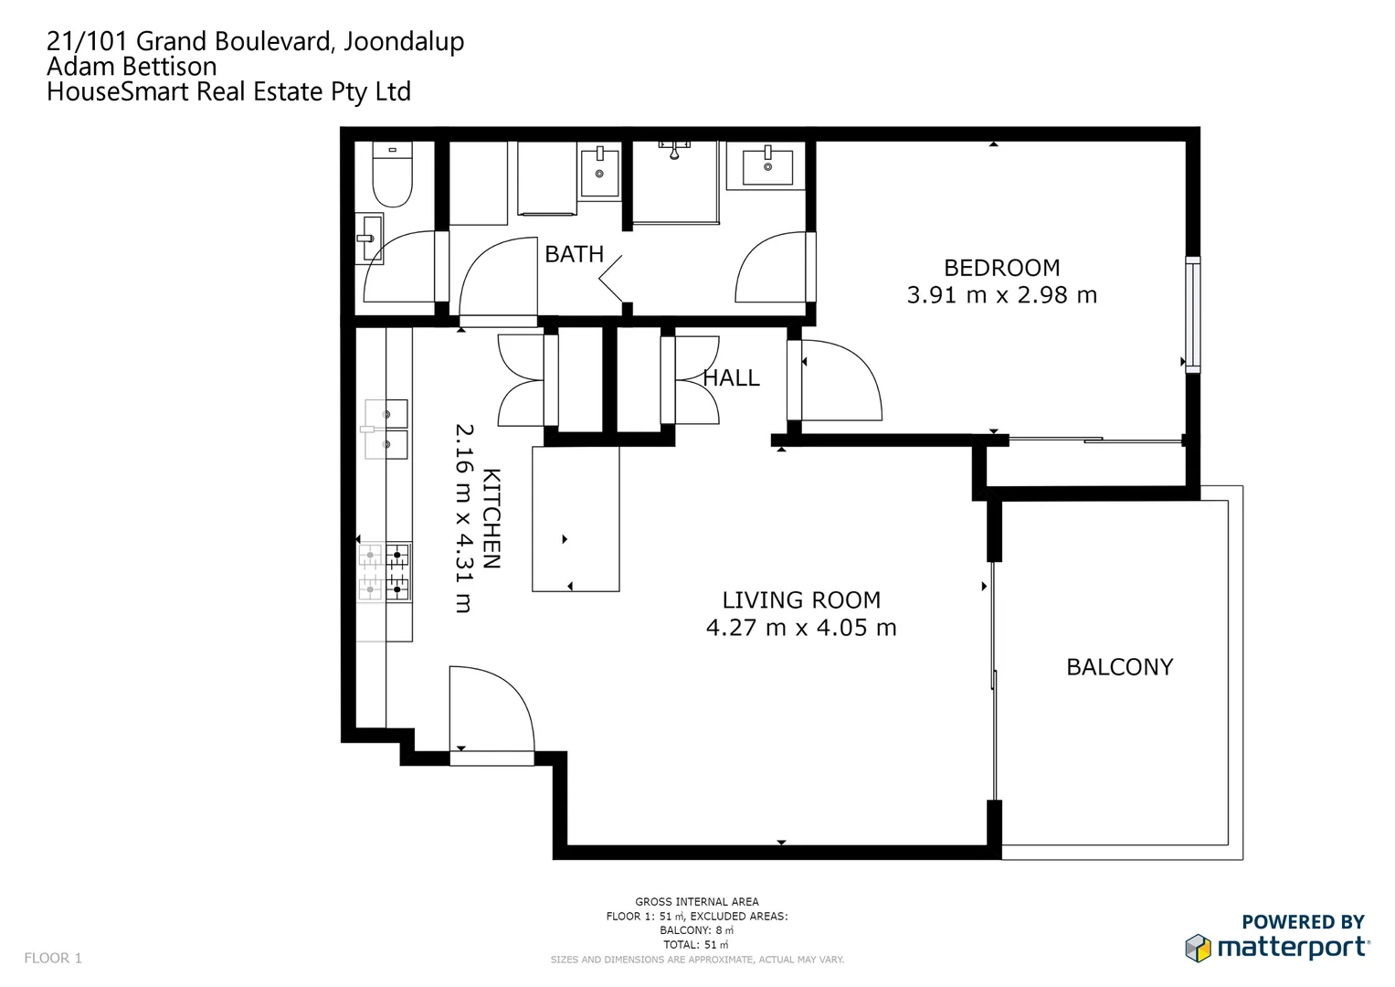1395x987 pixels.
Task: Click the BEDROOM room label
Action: (x=1001, y=268)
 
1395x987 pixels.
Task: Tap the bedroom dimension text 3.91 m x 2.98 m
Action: (x=1001, y=295)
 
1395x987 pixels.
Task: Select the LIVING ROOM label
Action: (x=801, y=600)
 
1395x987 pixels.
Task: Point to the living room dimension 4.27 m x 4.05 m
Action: (x=801, y=628)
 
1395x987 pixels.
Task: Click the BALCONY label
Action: (x=1119, y=667)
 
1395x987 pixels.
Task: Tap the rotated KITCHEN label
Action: (x=491, y=518)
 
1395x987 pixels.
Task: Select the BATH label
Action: (x=574, y=254)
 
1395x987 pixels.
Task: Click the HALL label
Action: (x=731, y=377)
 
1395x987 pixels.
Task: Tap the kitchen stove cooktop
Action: (x=385, y=572)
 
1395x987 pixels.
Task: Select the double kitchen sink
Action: (x=386, y=429)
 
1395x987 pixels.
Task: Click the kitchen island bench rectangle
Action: (x=576, y=518)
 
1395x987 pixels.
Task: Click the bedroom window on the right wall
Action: (x=1192, y=313)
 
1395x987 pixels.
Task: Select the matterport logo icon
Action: (x=1198, y=948)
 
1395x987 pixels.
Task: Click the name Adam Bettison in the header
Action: (x=132, y=67)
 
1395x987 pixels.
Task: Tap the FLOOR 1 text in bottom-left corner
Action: (x=53, y=958)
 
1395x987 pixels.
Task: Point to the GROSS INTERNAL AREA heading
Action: (x=697, y=901)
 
